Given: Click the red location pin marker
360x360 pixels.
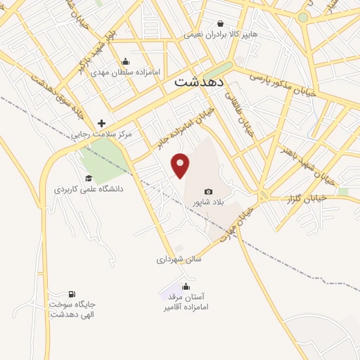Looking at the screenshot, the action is (181, 165).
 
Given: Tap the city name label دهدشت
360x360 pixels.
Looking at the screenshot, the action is (199, 82).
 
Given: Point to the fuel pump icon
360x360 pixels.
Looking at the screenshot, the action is (72, 294).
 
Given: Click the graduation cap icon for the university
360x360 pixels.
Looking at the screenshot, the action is (89, 179).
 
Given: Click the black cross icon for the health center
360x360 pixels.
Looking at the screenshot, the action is (101, 122).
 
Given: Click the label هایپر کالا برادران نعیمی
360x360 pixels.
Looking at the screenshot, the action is (221, 34).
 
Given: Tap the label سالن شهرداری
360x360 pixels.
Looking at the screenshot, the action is (179, 259).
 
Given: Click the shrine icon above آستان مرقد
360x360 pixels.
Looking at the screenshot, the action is (186, 286).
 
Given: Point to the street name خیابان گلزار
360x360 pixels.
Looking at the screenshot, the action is (307, 199).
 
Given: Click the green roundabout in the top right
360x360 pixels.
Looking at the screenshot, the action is (303, 17).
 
